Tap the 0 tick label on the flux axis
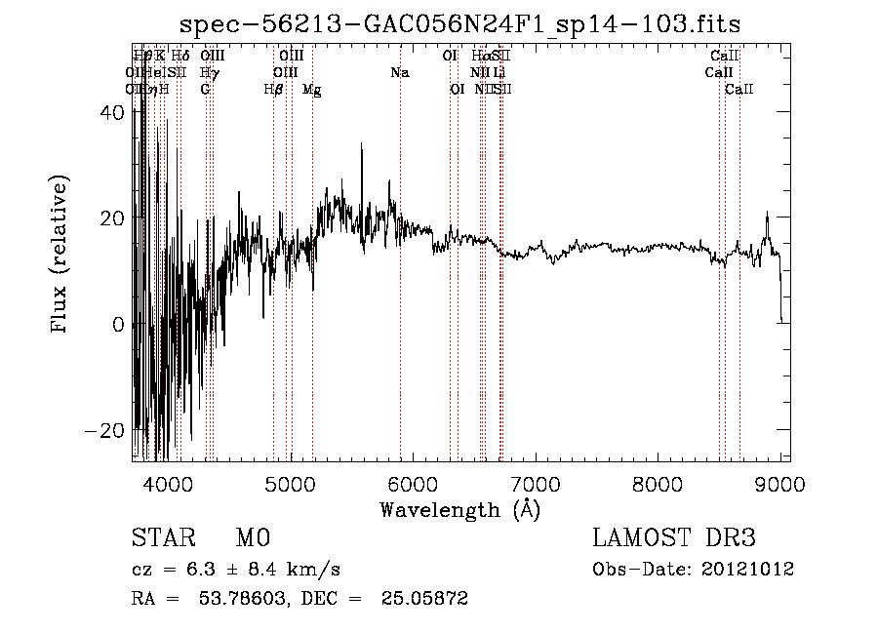[118, 324]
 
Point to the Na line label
[399, 73]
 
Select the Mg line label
[312, 90]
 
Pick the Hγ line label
[210, 73]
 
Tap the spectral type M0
[253, 539]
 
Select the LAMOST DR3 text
[674, 538]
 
